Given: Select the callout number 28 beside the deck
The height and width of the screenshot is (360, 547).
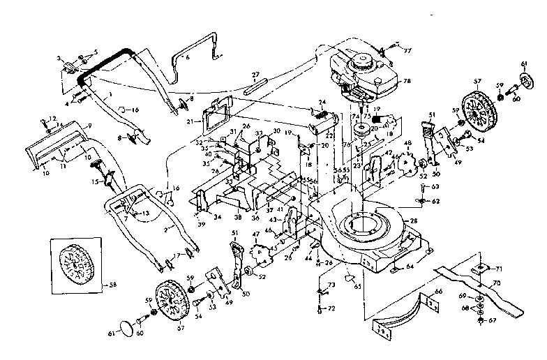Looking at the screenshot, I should tap(414, 220).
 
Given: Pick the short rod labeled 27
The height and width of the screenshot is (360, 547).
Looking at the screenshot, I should tap(255, 83).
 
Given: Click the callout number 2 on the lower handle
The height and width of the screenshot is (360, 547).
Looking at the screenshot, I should tap(166, 227).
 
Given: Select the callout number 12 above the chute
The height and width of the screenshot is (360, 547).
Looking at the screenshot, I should tap(52, 119).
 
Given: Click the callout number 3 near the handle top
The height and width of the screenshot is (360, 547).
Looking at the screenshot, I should tap(59, 57).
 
